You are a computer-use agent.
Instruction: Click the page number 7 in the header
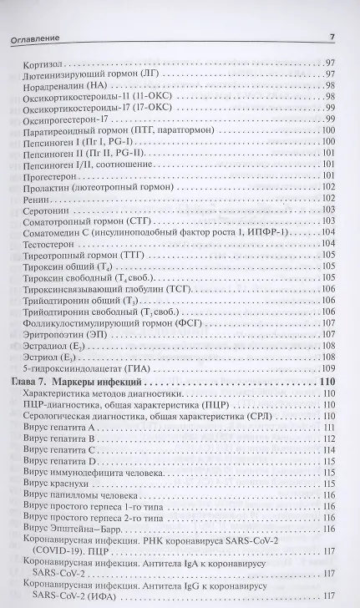(331, 35)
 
